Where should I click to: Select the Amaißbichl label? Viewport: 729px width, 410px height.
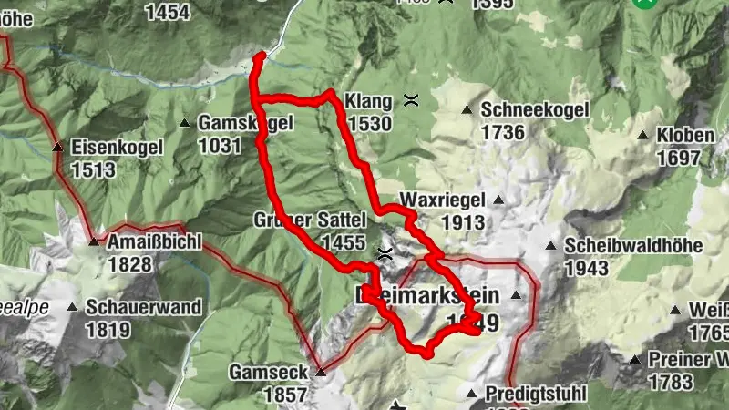154,242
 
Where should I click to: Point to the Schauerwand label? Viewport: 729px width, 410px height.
145,307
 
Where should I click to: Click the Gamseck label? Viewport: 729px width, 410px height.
264,372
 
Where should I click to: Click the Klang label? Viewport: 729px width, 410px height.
368,101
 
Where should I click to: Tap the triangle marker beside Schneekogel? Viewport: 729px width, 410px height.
467,110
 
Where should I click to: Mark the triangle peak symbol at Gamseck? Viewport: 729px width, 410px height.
321,372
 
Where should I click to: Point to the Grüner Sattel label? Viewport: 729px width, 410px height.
310,220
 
